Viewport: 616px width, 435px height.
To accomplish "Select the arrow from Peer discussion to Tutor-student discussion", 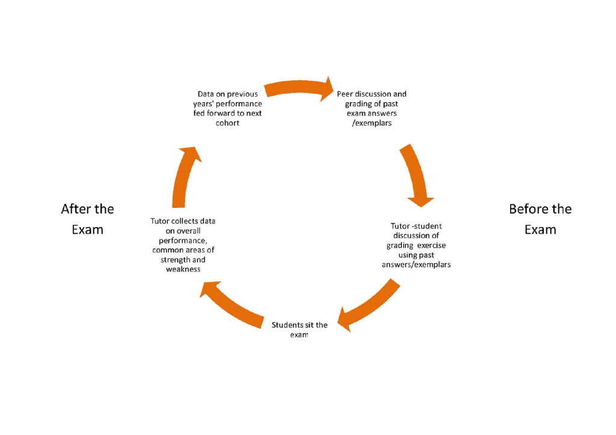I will pos(416,174).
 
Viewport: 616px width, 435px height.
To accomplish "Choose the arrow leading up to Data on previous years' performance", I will pos(185,177).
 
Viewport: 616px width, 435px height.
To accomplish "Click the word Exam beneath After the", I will pos(88,230).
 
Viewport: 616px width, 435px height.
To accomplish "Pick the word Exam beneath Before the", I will pos(540,230).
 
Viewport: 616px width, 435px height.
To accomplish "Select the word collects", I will pos(186,221).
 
